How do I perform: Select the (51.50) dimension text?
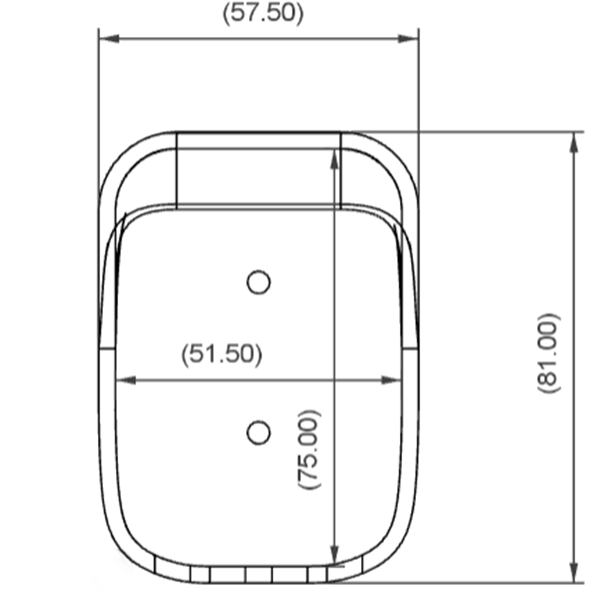(x=222, y=355)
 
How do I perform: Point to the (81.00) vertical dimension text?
(x=548, y=353)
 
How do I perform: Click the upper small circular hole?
(x=259, y=282)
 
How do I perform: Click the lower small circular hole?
(x=259, y=433)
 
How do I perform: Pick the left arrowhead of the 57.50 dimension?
(x=109, y=39)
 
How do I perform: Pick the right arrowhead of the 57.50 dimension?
(x=408, y=39)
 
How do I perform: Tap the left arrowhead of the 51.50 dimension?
(x=125, y=380)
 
